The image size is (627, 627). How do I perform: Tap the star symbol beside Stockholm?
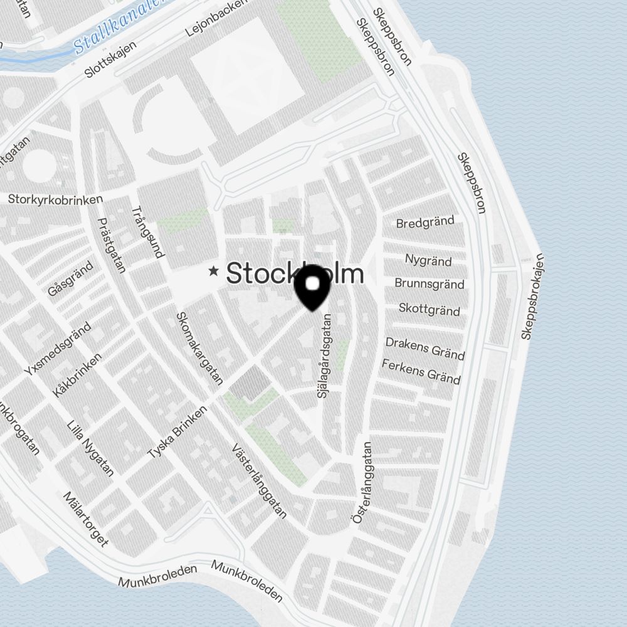[x=214, y=271]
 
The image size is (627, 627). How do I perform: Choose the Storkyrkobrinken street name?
[x=55, y=199]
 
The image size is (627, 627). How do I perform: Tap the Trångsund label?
[x=149, y=232]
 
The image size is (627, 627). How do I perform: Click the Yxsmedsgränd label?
[x=58, y=349]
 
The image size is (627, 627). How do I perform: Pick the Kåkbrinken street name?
[x=76, y=374]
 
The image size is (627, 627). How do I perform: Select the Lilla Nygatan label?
[x=90, y=449]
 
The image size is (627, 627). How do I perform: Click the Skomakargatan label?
[x=199, y=349]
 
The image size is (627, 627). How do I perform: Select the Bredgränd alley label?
[x=425, y=222]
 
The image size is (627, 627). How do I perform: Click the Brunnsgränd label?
[x=429, y=283]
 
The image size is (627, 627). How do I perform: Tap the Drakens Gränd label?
[x=425, y=349]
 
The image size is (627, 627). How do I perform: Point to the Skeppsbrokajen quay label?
[x=533, y=297]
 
